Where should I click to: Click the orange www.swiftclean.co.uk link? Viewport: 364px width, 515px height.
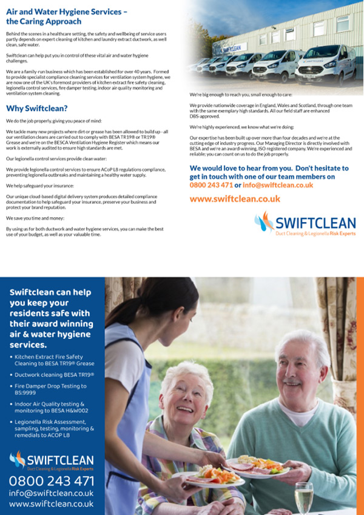click(235, 198)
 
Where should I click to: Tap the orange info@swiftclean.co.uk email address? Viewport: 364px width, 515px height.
click(278, 185)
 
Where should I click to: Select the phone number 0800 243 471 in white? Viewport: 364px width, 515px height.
click(52, 481)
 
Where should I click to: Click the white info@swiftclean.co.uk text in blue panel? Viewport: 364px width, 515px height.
click(52, 493)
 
